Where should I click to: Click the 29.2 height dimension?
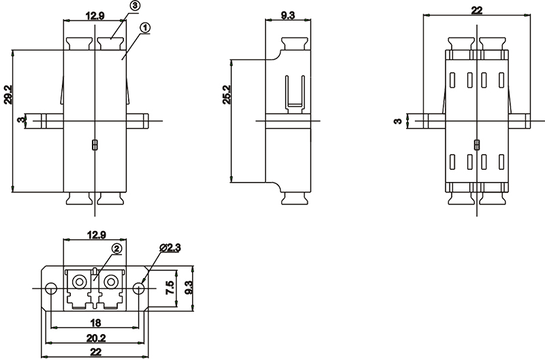[x=7, y=95]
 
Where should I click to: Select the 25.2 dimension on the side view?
[x=227, y=95]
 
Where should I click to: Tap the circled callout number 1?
[x=145, y=28]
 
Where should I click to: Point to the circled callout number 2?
[x=117, y=248]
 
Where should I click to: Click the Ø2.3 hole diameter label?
[x=170, y=247]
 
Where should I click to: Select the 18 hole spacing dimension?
[x=95, y=322]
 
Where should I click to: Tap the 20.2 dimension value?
[x=95, y=337]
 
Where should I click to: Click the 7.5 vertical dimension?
[x=170, y=288]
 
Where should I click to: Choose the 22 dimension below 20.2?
[x=95, y=352]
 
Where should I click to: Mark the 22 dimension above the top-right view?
[x=477, y=10]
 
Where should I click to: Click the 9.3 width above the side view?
[x=287, y=15]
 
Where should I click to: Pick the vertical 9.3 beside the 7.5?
[x=189, y=288]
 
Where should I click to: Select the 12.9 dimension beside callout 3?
[x=95, y=16]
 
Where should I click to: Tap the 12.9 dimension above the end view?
[x=96, y=235]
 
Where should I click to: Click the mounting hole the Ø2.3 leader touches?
[x=139, y=288]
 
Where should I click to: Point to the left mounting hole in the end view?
[x=52, y=288]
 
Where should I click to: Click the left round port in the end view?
[x=80, y=281]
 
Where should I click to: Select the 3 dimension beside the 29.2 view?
[x=22, y=120]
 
